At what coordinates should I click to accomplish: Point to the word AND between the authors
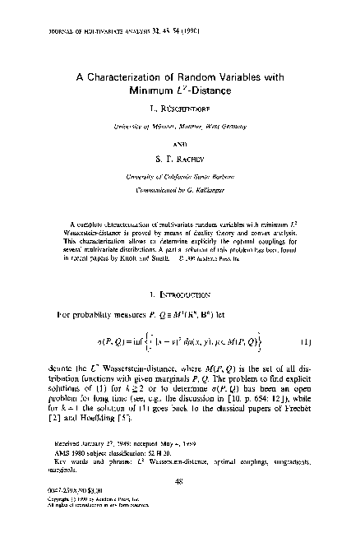tap(179, 140)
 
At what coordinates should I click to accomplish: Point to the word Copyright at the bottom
tap(58, 498)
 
